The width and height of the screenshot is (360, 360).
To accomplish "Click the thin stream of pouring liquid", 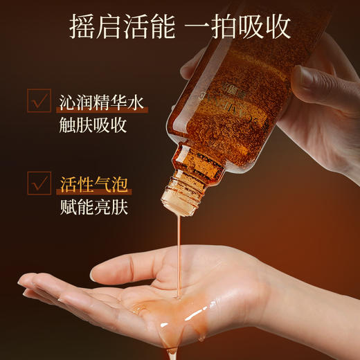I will [x=178, y=256].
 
